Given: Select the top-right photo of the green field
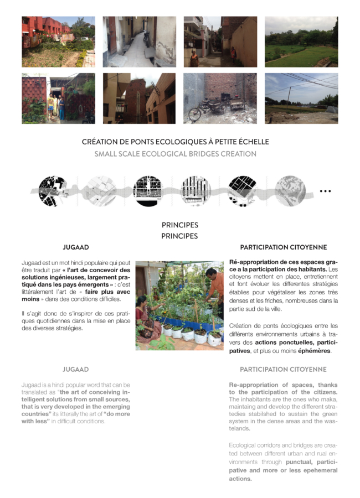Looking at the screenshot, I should pos(301,41).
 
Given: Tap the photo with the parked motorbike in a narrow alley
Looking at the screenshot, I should pos(139,41).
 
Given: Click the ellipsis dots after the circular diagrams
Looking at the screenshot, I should pos(325,191).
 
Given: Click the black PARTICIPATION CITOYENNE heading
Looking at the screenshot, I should pos(283,247).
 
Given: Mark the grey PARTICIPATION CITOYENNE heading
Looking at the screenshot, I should pos(283,369).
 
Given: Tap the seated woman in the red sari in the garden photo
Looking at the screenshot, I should pos(143,313).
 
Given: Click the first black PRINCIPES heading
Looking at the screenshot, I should pos(179,225).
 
